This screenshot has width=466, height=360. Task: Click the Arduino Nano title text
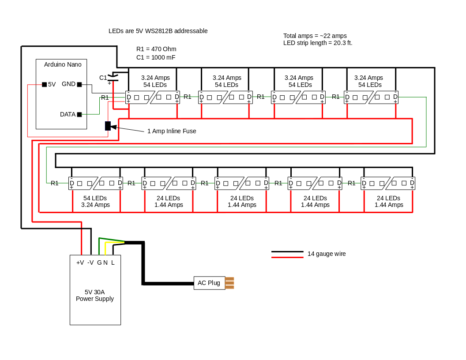pyautogui.click(x=63, y=64)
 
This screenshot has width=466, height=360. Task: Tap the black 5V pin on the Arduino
pyautogui.click(x=44, y=84)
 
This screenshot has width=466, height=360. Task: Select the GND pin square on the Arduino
pyautogui.click(x=79, y=84)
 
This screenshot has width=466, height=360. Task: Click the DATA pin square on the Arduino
pyautogui.click(x=79, y=114)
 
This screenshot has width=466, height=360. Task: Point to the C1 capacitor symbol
pyautogui.click(x=113, y=78)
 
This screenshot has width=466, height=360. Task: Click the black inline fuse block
pyautogui.click(x=107, y=126)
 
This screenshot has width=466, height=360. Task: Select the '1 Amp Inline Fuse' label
pyautogui.click(x=172, y=131)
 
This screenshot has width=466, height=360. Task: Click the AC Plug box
pyautogui.click(x=209, y=283)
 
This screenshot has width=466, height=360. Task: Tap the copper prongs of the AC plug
pyautogui.click(x=229, y=283)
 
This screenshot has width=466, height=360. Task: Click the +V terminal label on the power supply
pyautogui.click(x=80, y=262)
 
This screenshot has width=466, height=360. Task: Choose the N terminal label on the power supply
pyautogui.click(x=105, y=262)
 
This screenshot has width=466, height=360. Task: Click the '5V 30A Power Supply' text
pyautogui.click(x=95, y=295)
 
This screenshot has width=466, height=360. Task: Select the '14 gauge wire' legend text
pyautogui.click(x=327, y=254)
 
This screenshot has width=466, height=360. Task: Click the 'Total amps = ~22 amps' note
pyautogui.click(x=315, y=36)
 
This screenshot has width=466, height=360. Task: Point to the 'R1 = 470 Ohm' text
pyautogui.click(x=156, y=49)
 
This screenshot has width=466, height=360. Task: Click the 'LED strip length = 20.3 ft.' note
pyautogui.click(x=318, y=43)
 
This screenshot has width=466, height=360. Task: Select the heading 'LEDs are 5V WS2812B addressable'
pyautogui.click(x=158, y=31)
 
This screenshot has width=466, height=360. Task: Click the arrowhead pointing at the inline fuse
pyautogui.click(x=114, y=127)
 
